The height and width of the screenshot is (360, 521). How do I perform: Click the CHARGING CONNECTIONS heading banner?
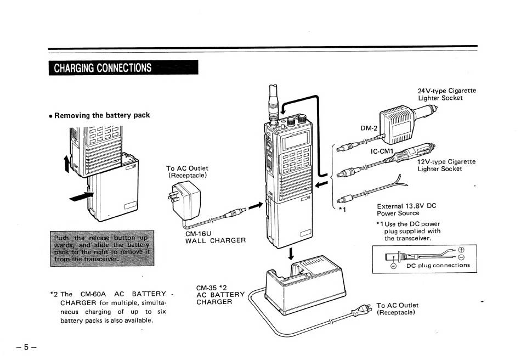[123, 68]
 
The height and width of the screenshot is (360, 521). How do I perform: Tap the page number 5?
[26, 347]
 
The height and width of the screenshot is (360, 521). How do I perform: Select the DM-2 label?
[369, 128]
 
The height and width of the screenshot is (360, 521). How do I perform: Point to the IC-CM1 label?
[382, 151]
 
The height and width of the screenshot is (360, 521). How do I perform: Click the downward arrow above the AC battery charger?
[291, 254]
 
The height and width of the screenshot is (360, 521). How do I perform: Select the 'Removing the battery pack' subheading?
[102, 115]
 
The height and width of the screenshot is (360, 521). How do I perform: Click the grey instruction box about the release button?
[103, 248]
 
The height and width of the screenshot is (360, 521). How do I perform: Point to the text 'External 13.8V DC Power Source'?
[406, 210]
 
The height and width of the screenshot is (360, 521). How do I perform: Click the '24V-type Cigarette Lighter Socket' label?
[446, 94]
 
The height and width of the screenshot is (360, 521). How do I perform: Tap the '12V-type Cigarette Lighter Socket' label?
[446, 165]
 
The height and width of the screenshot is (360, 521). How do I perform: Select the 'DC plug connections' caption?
[438, 266]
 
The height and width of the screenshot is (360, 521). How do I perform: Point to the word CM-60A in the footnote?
[92, 294]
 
